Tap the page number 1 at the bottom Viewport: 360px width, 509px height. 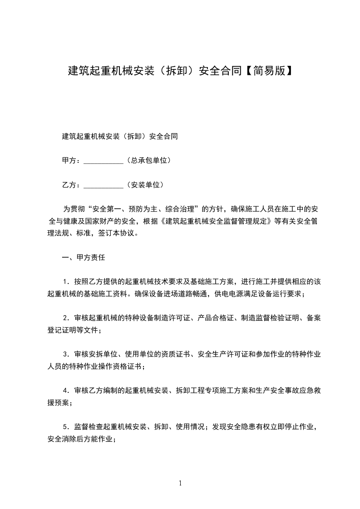[180, 483]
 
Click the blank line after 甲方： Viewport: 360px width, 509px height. [104, 161]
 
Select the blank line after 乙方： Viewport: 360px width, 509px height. [104, 185]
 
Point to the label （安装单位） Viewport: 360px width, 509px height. [144, 185]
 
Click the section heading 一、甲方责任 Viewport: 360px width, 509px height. [83, 257]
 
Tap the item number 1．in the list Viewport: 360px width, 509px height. [67, 282]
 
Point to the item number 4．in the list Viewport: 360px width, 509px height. [67, 391]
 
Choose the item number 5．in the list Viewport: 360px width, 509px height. [67, 427]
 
